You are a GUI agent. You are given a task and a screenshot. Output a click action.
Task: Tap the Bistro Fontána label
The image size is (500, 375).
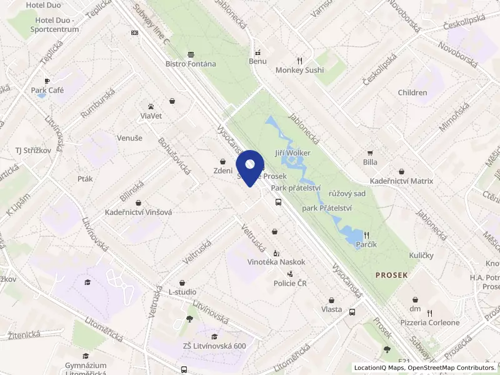191,64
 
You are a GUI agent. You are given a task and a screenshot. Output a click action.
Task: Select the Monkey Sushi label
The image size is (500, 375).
300,70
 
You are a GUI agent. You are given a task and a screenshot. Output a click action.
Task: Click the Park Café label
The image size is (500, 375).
47,90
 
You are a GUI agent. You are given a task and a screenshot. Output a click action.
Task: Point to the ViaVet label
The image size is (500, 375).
151,116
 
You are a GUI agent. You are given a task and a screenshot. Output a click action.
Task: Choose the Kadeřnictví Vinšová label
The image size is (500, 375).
137,212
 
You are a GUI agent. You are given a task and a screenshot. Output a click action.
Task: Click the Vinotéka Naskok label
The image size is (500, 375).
276,262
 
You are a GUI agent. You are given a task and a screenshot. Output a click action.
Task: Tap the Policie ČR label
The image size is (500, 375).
291,283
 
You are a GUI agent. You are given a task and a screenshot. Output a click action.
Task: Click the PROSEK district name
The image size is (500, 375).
392,275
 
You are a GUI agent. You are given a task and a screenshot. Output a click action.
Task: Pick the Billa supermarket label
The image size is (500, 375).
370,162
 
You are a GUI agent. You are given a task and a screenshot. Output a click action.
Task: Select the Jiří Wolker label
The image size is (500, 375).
293,152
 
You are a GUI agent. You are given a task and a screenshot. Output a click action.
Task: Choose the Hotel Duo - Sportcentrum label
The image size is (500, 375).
52,24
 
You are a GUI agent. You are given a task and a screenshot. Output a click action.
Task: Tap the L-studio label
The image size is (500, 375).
182,292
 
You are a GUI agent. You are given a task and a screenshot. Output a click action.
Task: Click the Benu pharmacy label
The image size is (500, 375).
257,61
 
